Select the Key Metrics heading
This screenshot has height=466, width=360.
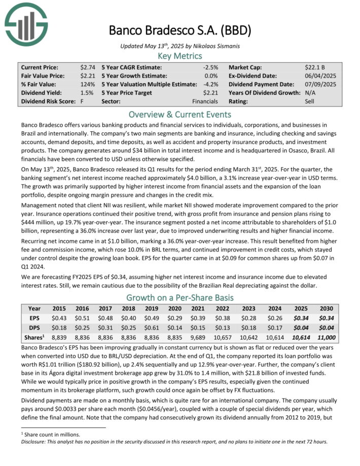pyautogui.click(x=180, y=56)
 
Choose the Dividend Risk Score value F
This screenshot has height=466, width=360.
pyautogui.click(x=82, y=101)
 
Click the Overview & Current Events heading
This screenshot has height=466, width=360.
pyautogui.click(x=180, y=114)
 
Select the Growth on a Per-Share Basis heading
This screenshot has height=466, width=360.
pyautogui.click(x=180, y=298)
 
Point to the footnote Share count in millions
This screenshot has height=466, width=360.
pyautogui.click(x=51, y=435)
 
